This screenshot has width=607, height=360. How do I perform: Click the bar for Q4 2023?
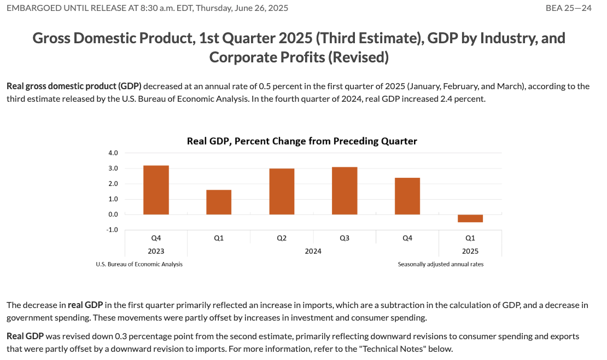pos(156,190)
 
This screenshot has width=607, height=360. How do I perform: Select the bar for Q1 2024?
pos(219,202)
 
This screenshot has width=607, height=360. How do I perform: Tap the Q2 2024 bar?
pos(282,191)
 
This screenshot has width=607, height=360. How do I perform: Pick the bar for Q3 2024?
pos(345,191)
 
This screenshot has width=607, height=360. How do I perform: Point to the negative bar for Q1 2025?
pos(470,218)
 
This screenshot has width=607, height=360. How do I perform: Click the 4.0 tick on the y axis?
pos(113,153)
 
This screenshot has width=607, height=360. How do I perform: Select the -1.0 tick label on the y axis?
pos(113,230)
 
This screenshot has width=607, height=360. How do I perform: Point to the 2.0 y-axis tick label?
pos(113,184)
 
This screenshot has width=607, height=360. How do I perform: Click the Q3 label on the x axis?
pos(345,238)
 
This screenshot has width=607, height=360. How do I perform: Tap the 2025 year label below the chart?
pos(470,251)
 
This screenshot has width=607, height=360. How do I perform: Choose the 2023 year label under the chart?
pos(156,251)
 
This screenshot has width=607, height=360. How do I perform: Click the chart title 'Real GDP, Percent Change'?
pos(302,141)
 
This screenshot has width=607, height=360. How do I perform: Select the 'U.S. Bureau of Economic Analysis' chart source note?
pos(139,264)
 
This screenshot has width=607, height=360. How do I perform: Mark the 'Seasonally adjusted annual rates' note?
pos(441,264)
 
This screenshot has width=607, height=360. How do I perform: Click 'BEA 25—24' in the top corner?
pos(569,8)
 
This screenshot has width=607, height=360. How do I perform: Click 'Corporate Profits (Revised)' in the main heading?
pos(299,57)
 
